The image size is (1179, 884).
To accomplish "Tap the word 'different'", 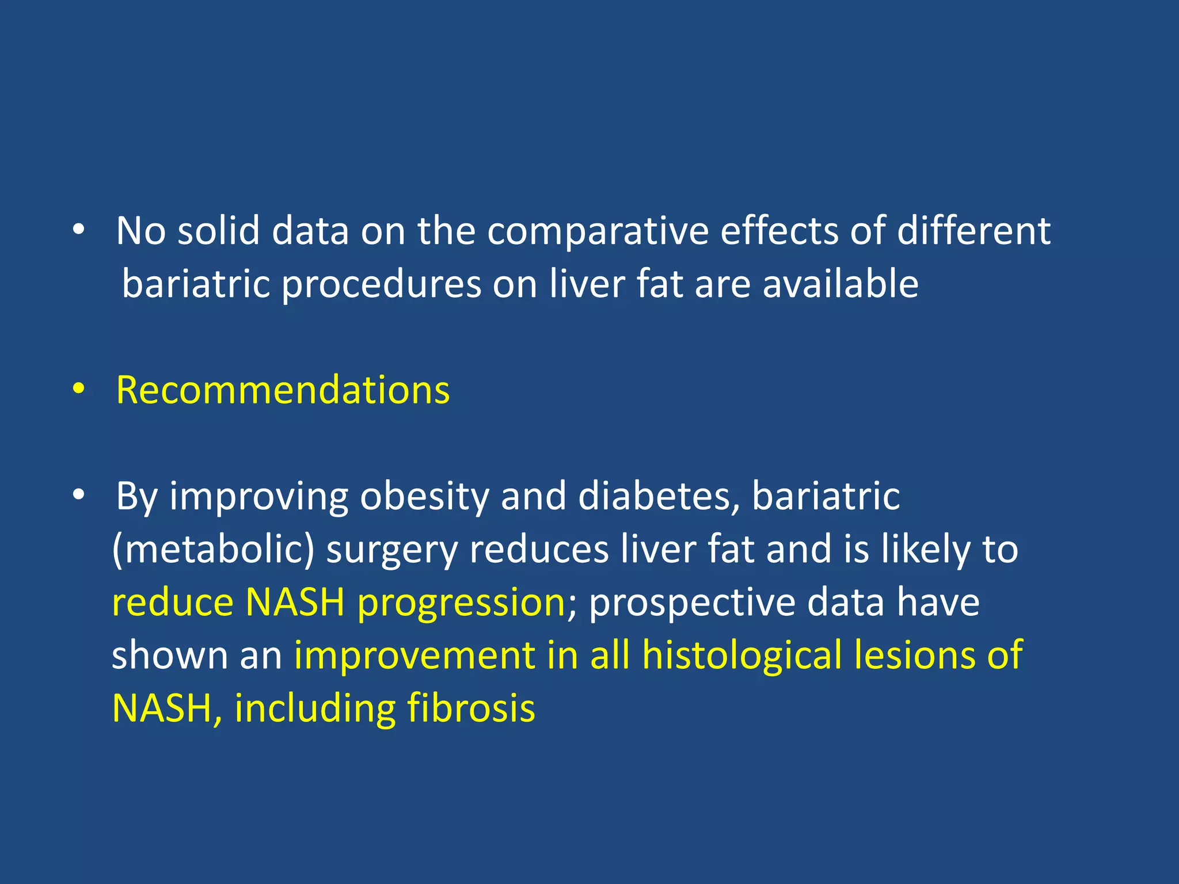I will (973, 231).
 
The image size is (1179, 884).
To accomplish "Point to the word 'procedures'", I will (381, 285).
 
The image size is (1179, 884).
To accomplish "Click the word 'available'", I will (840, 284).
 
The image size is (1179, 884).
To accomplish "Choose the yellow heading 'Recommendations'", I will (283, 390).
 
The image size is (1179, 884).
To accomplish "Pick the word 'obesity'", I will (424, 497).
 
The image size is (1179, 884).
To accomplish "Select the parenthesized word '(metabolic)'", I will (213, 550).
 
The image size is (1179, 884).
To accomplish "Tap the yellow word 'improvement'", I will (414, 656).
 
